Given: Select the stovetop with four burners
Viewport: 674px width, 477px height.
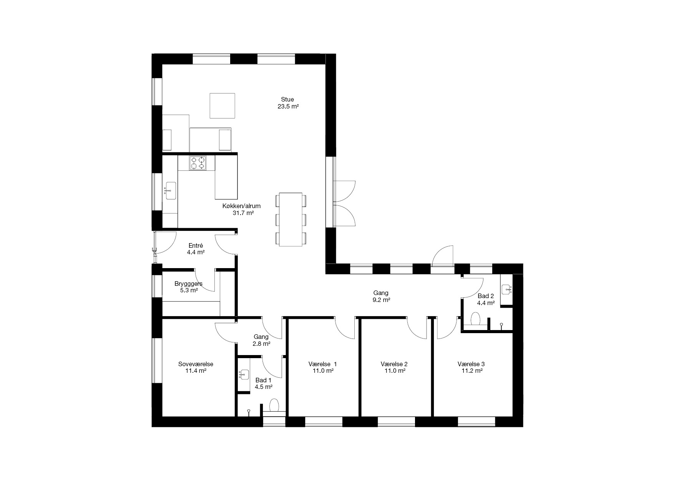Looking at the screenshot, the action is point(198,163).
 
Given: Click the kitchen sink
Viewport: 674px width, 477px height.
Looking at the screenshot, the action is point(171,191).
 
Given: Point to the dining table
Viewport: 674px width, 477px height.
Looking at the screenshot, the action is point(291,219).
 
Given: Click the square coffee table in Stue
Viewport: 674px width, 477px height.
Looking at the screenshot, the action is point(222,105).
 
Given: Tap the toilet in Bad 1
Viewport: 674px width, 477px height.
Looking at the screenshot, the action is point(274,405).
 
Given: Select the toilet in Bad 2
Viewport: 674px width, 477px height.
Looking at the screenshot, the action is point(476,319).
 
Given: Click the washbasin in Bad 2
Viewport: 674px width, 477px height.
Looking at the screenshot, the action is point(507,289).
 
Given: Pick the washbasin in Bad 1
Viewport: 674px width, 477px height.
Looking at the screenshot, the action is point(244,375).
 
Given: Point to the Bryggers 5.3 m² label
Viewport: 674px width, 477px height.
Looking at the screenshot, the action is point(189,287).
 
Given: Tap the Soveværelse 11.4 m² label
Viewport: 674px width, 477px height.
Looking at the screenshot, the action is point(196,367).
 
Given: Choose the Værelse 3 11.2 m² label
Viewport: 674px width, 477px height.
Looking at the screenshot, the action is point(471,367).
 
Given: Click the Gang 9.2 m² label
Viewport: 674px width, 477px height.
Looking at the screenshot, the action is point(381,296).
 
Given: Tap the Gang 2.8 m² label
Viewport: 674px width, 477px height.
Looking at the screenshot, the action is point(261,340).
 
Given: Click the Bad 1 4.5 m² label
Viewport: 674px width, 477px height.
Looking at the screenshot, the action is point(264,384).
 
